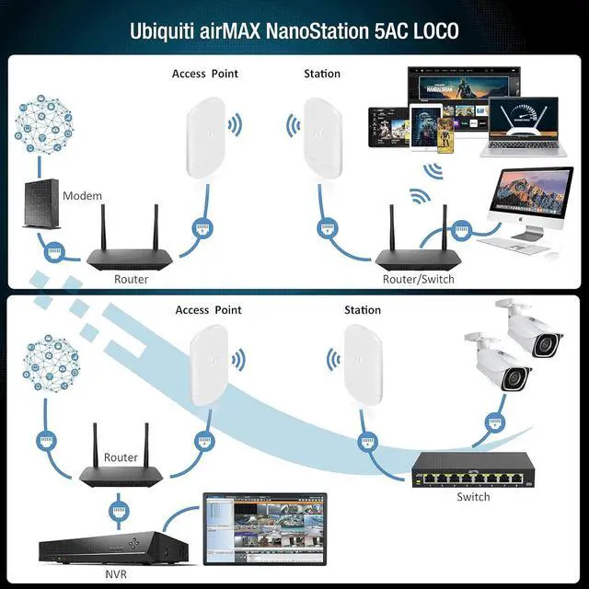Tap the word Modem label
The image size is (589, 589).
82,196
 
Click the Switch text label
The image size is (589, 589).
473,497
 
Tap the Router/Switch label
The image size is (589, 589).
418,278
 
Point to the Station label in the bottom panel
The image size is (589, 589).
363,310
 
